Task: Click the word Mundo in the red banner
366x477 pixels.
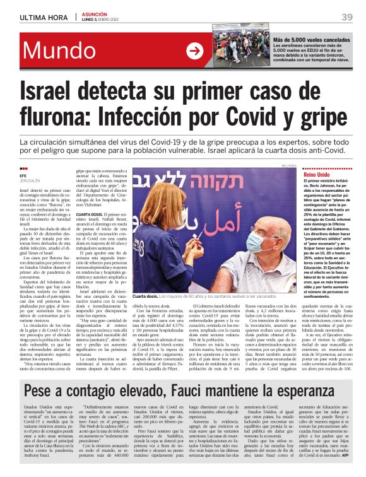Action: (61, 51)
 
